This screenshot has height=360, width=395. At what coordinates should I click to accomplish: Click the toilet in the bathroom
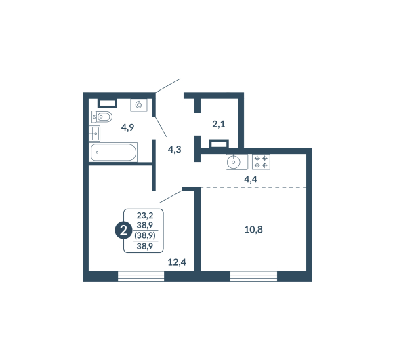(x=102, y=117)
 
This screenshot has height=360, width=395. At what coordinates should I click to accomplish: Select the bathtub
(x=113, y=153)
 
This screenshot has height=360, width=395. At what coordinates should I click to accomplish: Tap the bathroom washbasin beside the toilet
(x=95, y=134)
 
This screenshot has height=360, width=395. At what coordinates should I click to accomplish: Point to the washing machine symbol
(x=139, y=105)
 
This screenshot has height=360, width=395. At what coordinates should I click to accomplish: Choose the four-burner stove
(x=261, y=162)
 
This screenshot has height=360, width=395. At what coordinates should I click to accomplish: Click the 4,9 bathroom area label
(x=128, y=128)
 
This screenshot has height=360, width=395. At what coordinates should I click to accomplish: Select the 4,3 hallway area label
(x=175, y=150)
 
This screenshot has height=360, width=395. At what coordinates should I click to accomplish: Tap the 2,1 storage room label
(x=219, y=124)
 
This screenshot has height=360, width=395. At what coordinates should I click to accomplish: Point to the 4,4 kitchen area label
(x=251, y=180)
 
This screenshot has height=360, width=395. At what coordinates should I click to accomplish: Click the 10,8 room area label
(x=253, y=230)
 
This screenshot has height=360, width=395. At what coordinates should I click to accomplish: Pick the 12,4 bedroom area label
(x=177, y=262)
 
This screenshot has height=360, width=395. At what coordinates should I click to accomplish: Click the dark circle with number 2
(x=123, y=231)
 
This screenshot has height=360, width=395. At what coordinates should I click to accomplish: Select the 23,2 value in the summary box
(x=145, y=216)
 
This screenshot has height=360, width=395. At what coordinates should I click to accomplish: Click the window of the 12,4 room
(x=141, y=277)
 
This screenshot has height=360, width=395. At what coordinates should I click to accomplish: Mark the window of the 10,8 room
(x=253, y=277)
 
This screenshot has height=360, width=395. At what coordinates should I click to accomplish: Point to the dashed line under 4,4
(x=253, y=188)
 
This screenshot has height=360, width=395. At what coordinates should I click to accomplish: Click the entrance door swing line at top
(x=168, y=85)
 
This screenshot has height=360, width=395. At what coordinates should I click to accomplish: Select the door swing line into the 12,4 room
(x=171, y=197)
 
